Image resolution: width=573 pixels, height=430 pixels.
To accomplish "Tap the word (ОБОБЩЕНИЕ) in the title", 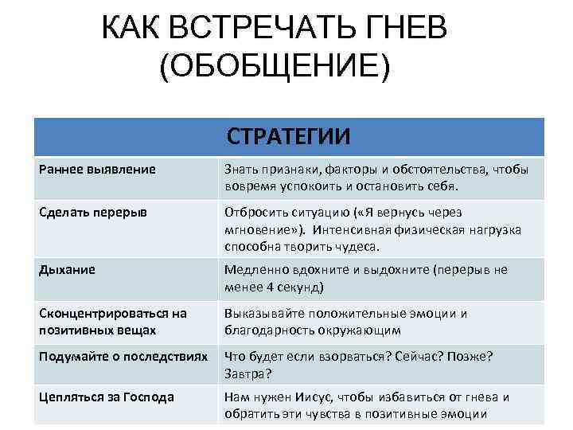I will coord(275,68).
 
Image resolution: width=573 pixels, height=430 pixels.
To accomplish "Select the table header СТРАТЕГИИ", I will coord(288,137).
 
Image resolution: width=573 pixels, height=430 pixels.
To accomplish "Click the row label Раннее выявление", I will coord(97,170).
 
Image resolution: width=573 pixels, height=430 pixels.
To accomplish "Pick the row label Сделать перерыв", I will coord(92,213).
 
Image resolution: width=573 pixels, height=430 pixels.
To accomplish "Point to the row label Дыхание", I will coord(68,270).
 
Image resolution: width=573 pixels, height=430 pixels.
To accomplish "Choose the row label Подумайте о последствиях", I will coord(123,357).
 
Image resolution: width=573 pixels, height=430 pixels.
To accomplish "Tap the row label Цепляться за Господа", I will coord(106,397).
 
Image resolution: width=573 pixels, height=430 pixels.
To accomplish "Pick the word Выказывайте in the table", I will coord(264,314).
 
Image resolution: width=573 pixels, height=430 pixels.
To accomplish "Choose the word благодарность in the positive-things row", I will coord(271,330).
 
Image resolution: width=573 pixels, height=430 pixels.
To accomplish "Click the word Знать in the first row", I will coord(240,170).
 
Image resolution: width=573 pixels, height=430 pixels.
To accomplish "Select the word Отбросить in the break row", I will coord(255,213).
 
